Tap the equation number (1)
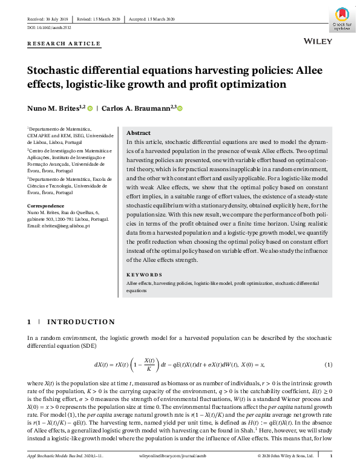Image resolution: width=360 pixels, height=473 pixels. [329, 364]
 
